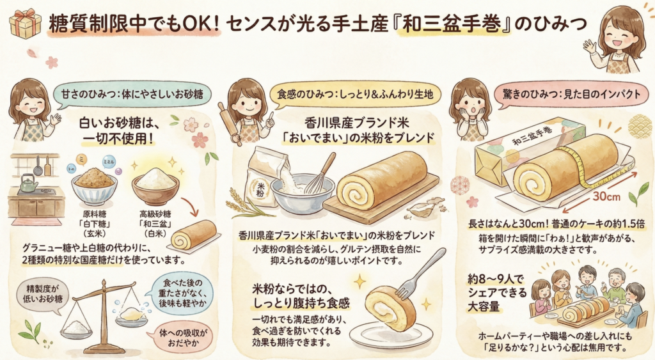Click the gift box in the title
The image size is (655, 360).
pyautogui.click(x=25, y=24)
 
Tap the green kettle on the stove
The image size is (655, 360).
pyautogui.click(x=28, y=183)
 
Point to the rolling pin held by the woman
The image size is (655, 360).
pyautogui.click(x=230, y=123)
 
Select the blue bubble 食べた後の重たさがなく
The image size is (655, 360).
pyautogui.click(x=182, y=293)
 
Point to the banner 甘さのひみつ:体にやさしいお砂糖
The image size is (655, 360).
pyautogui.click(x=132, y=94)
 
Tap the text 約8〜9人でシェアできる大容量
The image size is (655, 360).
pyautogui.click(x=497, y=293)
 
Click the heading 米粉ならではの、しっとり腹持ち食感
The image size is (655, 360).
pyautogui.click(x=301, y=295)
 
